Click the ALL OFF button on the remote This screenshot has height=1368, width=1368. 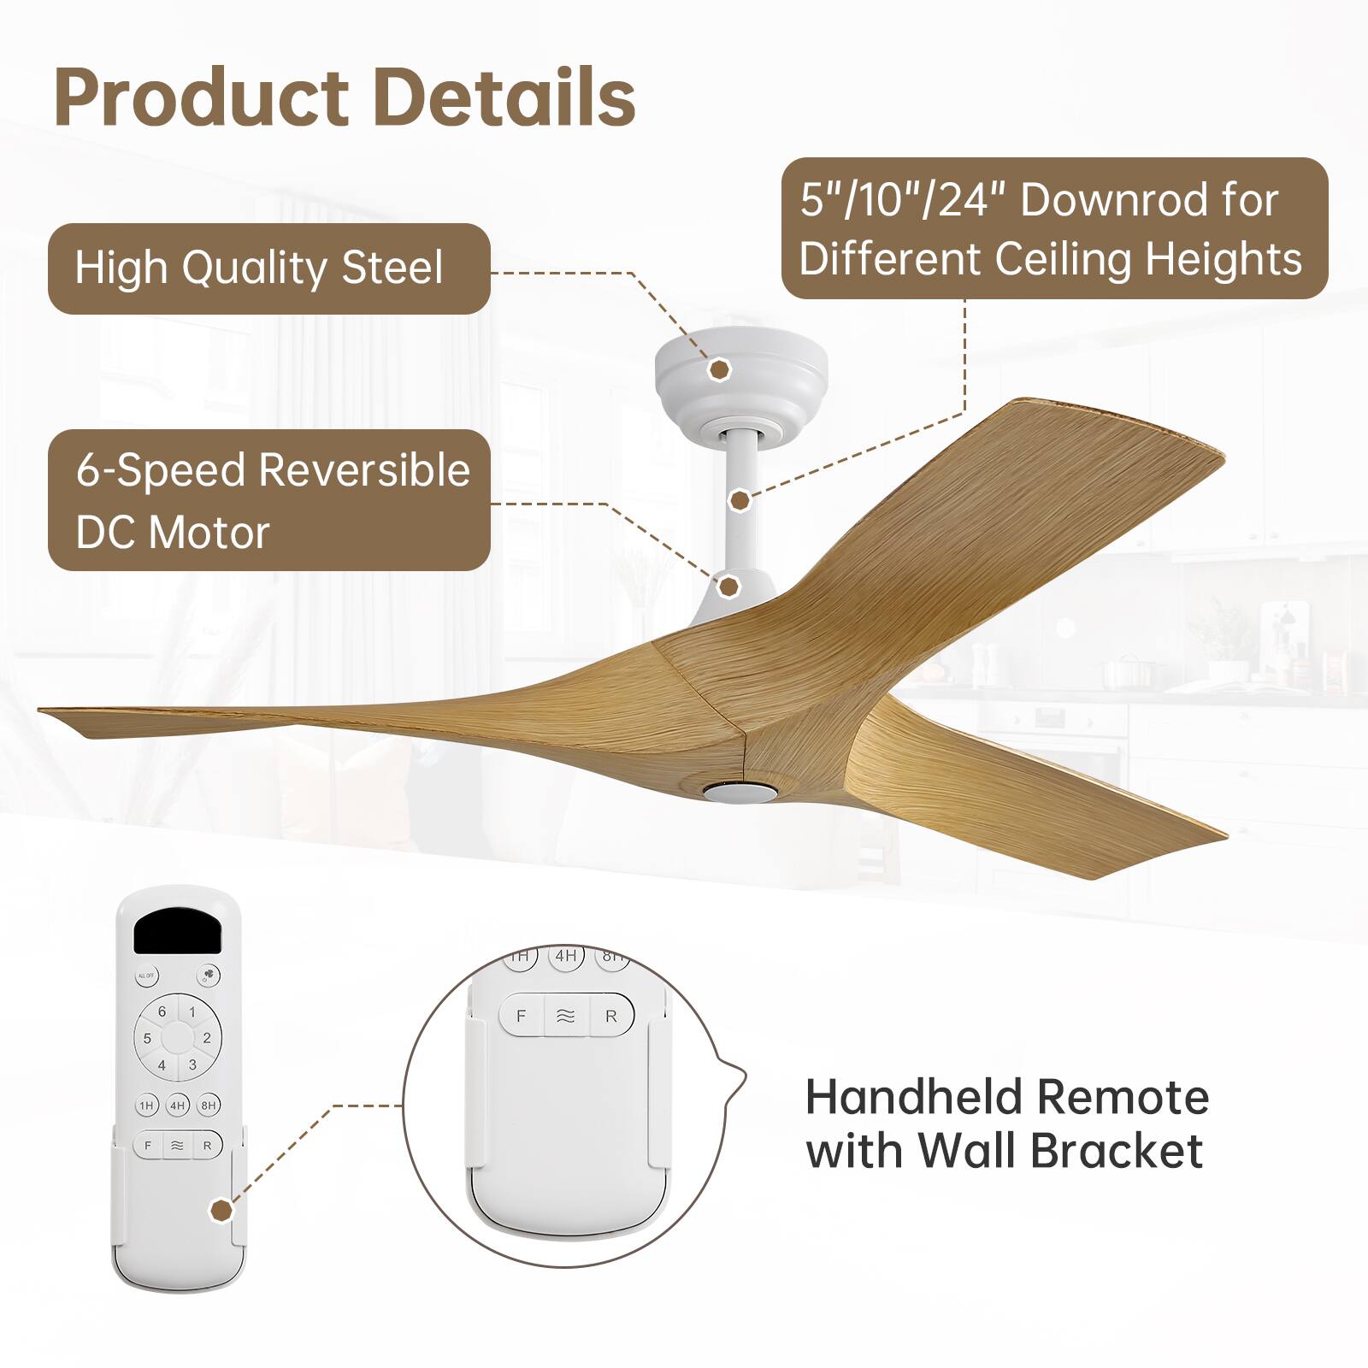click(146, 976)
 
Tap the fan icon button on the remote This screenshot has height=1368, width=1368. click(208, 976)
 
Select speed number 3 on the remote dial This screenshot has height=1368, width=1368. click(192, 1065)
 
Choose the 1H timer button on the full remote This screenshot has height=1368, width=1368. click(147, 1106)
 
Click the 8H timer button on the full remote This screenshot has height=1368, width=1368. click(209, 1106)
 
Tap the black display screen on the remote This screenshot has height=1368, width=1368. click(178, 930)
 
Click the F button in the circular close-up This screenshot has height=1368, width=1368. click(521, 1017)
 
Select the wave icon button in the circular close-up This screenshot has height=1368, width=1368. click(566, 1017)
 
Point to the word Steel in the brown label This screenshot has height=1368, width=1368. click(392, 268)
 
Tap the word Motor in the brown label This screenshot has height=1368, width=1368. click(210, 533)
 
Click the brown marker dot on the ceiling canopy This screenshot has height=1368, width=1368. click(721, 369)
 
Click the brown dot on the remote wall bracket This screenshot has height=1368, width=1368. click(221, 1211)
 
